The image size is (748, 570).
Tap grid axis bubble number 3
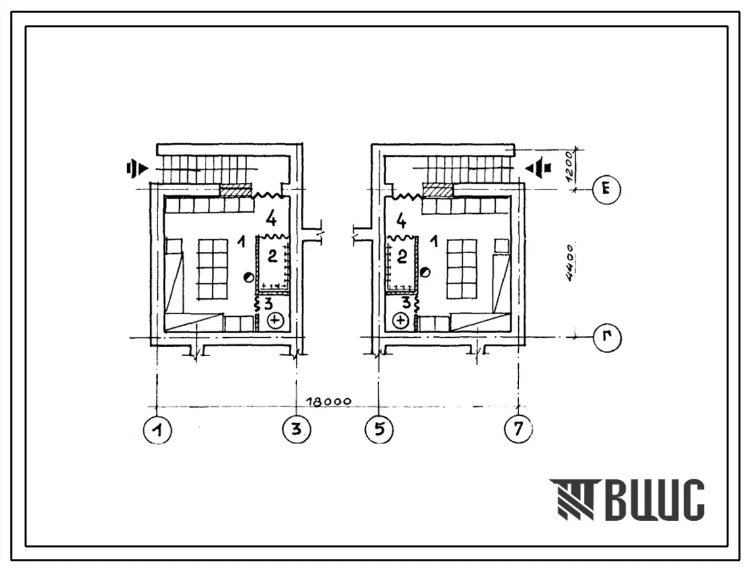coord(297,429)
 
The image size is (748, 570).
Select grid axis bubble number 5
coord(379,429)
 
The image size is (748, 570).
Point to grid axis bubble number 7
coord(518,429)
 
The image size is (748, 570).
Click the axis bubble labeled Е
coord(606,190)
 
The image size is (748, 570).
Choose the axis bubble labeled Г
coord(606,338)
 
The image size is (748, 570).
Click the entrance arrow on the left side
coord(137,168)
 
